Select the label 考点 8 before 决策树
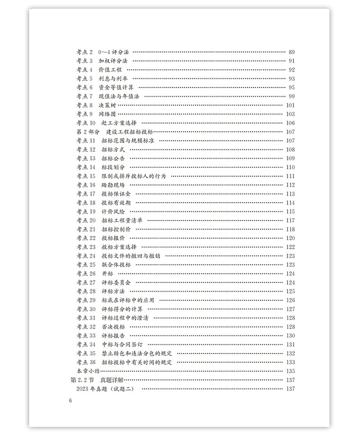tap(84, 105)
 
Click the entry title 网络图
tap(108, 114)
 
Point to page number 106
tap(290, 123)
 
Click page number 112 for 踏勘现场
tap(290, 185)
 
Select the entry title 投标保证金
tap(116, 194)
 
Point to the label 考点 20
tap(86, 221)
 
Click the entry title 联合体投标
tap(116, 265)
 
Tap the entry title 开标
tap(107, 273)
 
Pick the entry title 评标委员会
tap(116, 282)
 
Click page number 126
tap(290, 300)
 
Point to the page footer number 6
tap(70, 401)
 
